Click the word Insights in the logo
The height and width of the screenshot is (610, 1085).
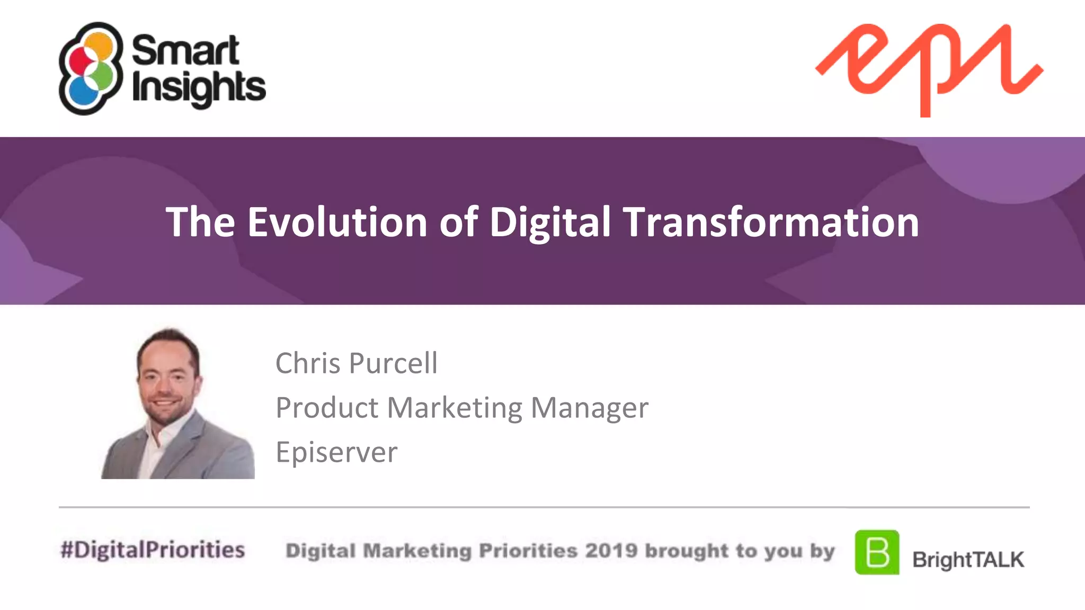tap(198, 87)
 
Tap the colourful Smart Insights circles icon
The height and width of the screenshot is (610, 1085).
tap(89, 68)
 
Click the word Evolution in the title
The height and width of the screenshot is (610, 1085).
tap(337, 222)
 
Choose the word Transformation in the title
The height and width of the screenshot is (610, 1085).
tap(771, 222)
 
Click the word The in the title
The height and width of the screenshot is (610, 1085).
tap(200, 222)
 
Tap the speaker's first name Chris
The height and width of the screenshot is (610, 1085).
tap(308, 363)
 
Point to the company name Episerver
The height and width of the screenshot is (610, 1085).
tap(336, 452)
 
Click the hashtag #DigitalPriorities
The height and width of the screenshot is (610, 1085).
tap(153, 550)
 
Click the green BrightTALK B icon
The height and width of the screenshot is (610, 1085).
tap(877, 552)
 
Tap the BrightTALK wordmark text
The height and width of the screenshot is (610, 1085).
tap(968, 560)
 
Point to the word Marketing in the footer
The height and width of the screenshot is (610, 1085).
tap(417, 551)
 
